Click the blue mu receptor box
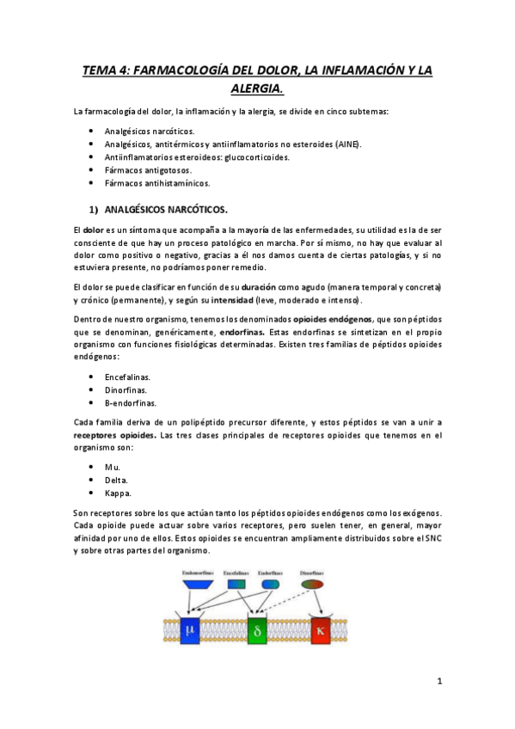click(x=190, y=629)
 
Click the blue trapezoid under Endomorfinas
click(x=197, y=584)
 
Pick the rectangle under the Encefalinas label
click(x=236, y=584)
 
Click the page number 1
click(x=438, y=682)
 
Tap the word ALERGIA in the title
click(x=257, y=89)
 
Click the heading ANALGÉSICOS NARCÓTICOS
click(x=166, y=209)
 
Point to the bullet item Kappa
click(x=118, y=493)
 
